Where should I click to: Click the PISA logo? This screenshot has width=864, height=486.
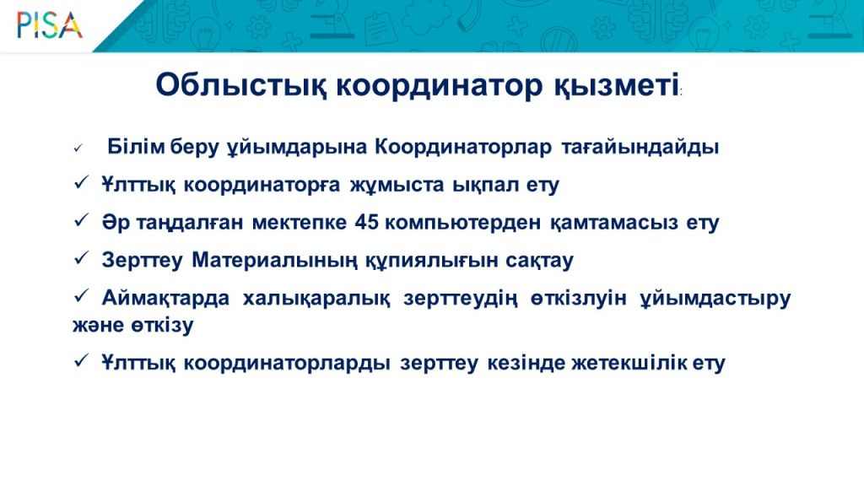[50, 25]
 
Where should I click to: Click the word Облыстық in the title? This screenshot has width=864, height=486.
[241, 86]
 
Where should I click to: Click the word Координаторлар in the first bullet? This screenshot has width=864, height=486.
[463, 147]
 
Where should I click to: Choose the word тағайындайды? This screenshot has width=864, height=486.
[640, 147]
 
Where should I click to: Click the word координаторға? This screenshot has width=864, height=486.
[262, 185]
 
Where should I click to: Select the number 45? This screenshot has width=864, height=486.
[366, 222]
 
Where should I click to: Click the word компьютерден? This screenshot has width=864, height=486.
[463, 223]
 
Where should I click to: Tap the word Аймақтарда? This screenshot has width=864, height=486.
[166, 298]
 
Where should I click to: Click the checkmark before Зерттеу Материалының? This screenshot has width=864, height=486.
[81, 258]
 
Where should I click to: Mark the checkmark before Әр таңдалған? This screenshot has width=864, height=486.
[81, 220]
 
